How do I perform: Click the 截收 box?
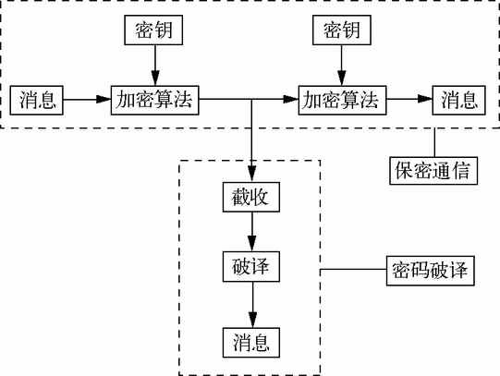[x=251, y=197]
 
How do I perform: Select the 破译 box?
[x=251, y=266]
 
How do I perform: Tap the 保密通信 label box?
[x=433, y=171]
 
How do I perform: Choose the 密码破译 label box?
[x=431, y=271]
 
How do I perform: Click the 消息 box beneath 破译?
[x=251, y=343]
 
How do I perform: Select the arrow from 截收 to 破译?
[x=252, y=232]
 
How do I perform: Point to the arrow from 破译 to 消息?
[x=253, y=305]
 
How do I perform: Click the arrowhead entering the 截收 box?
[x=252, y=175]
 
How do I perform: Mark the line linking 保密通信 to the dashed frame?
[x=434, y=142]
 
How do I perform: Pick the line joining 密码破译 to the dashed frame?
[x=353, y=269]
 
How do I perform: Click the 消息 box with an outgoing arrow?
[x=37, y=100]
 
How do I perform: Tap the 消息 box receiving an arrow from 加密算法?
[x=458, y=100]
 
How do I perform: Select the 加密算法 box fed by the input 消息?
[x=155, y=100]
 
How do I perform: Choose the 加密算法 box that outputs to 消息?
[x=343, y=100]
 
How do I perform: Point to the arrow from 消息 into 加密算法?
[x=87, y=100]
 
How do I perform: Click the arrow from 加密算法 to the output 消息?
[x=409, y=99]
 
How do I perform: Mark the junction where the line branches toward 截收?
[x=252, y=100]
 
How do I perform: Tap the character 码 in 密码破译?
[x=420, y=271]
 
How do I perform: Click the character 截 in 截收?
[x=241, y=197]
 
